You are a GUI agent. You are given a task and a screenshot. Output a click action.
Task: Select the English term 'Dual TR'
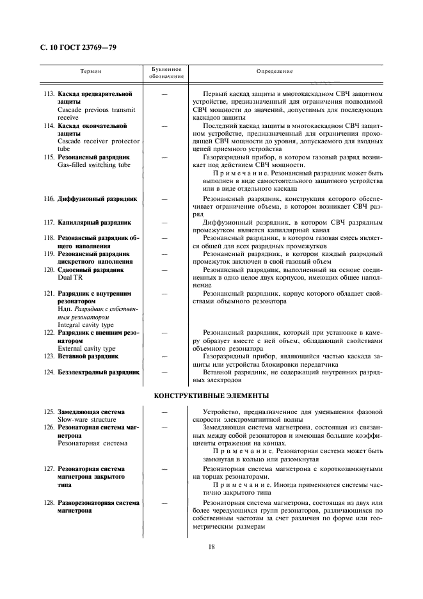click(x=69, y=278)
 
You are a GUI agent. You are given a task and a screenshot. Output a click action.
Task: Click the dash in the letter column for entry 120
click(x=164, y=270)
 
